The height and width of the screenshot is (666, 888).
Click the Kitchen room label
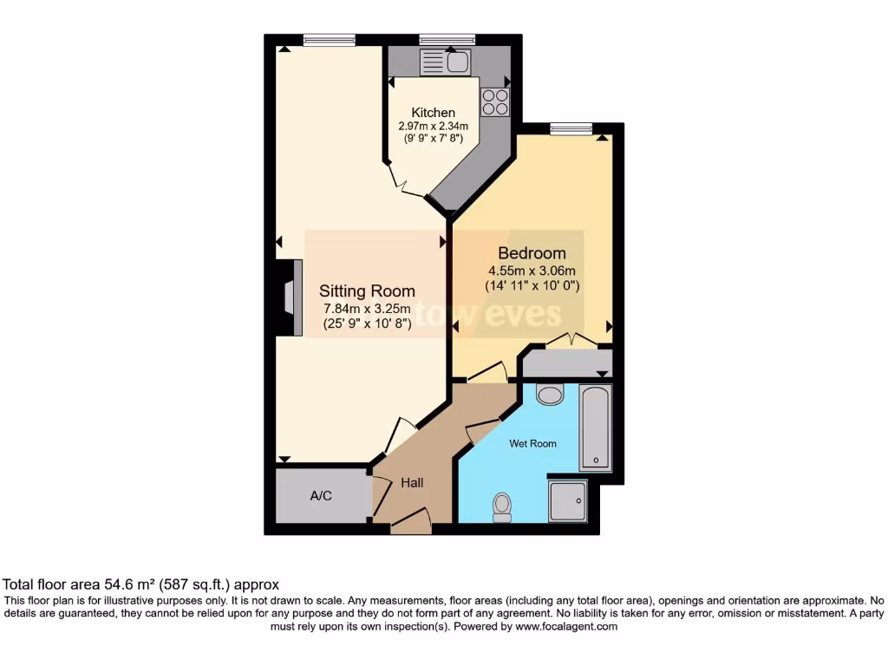tap(433, 113)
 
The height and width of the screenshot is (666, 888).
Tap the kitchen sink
tap(444, 62)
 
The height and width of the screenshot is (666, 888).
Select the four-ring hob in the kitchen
tap(495, 102)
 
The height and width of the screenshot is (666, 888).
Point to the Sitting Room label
tap(367, 291)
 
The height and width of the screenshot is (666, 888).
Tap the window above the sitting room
tap(329, 40)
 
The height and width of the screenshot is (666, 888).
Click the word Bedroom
tap(532, 253)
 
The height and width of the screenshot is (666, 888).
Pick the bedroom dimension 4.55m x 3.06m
tap(532, 270)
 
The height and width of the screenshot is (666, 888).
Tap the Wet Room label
tap(532, 444)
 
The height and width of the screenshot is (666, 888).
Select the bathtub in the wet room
tap(596, 428)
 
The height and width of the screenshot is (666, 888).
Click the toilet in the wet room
tap(501, 506)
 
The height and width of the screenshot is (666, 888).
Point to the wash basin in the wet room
tap(550, 395)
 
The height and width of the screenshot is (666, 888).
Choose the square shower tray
tap(568, 500)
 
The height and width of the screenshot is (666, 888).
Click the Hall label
tap(411, 482)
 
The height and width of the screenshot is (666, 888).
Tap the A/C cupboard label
tap(321, 496)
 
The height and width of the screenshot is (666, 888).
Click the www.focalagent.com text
tap(565, 626)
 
